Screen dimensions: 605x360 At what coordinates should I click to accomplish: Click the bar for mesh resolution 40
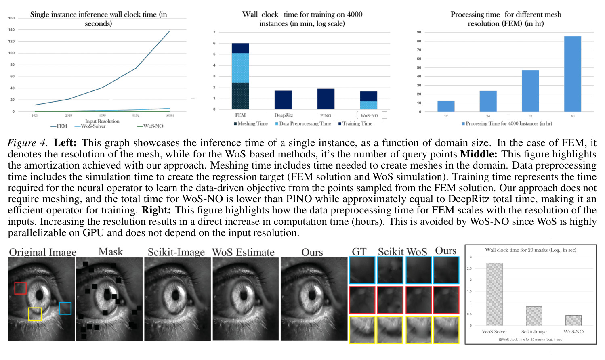tap(572, 74)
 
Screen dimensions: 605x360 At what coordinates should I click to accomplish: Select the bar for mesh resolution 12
tap(446, 106)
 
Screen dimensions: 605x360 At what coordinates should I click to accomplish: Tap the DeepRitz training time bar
tap(283, 100)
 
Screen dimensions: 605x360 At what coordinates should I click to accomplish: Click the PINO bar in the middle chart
tap(326, 99)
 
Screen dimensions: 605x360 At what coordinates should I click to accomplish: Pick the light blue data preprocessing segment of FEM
tap(240, 68)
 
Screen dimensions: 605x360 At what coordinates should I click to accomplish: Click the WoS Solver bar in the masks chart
tap(494, 294)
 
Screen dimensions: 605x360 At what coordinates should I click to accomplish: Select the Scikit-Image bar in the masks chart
tap(534, 316)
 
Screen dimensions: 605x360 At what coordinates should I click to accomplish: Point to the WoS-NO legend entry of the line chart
tap(150, 126)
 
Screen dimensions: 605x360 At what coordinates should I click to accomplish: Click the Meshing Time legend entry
tap(251, 123)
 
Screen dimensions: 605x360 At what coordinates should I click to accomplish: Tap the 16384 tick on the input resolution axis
tap(169, 115)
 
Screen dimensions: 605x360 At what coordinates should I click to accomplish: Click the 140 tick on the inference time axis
tap(11, 30)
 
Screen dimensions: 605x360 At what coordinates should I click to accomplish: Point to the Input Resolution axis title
tap(102, 121)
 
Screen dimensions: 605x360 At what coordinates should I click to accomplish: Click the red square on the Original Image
tap(20, 288)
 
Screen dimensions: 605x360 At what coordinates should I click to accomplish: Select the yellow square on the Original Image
tap(35, 314)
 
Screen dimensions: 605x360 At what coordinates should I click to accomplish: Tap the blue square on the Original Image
tap(65, 308)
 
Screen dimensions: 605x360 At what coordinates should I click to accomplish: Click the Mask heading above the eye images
tap(111, 252)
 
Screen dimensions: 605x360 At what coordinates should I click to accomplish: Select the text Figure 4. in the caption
tap(27, 143)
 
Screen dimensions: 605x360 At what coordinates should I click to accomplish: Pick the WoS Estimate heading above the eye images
tap(244, 252)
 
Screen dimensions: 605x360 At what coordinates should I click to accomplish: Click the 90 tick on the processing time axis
tap(419, 32)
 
